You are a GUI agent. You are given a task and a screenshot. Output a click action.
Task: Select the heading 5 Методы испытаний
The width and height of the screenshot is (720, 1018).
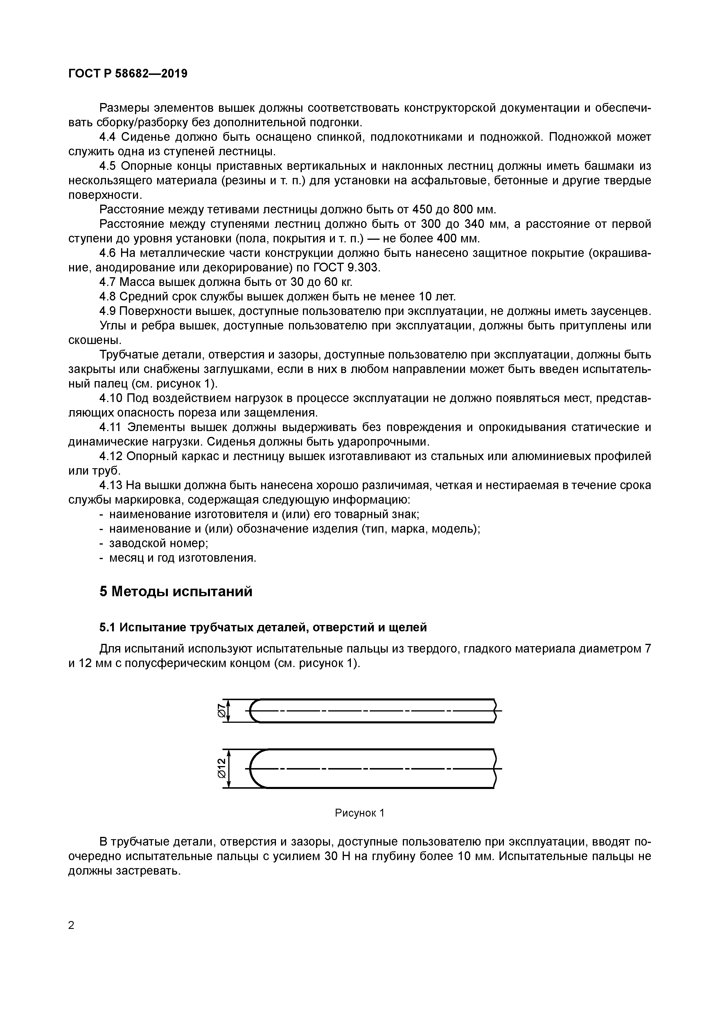(176, 592)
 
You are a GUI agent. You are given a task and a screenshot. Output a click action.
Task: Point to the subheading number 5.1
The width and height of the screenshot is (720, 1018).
(107, 627)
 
